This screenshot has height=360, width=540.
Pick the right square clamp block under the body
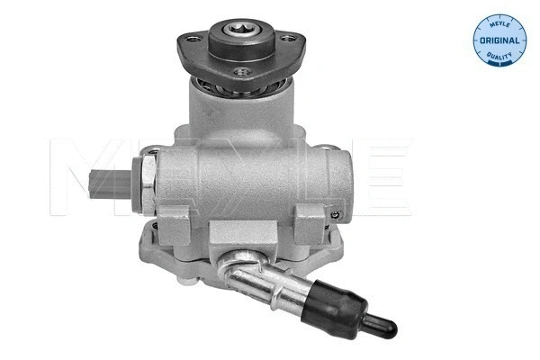[309, 219]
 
